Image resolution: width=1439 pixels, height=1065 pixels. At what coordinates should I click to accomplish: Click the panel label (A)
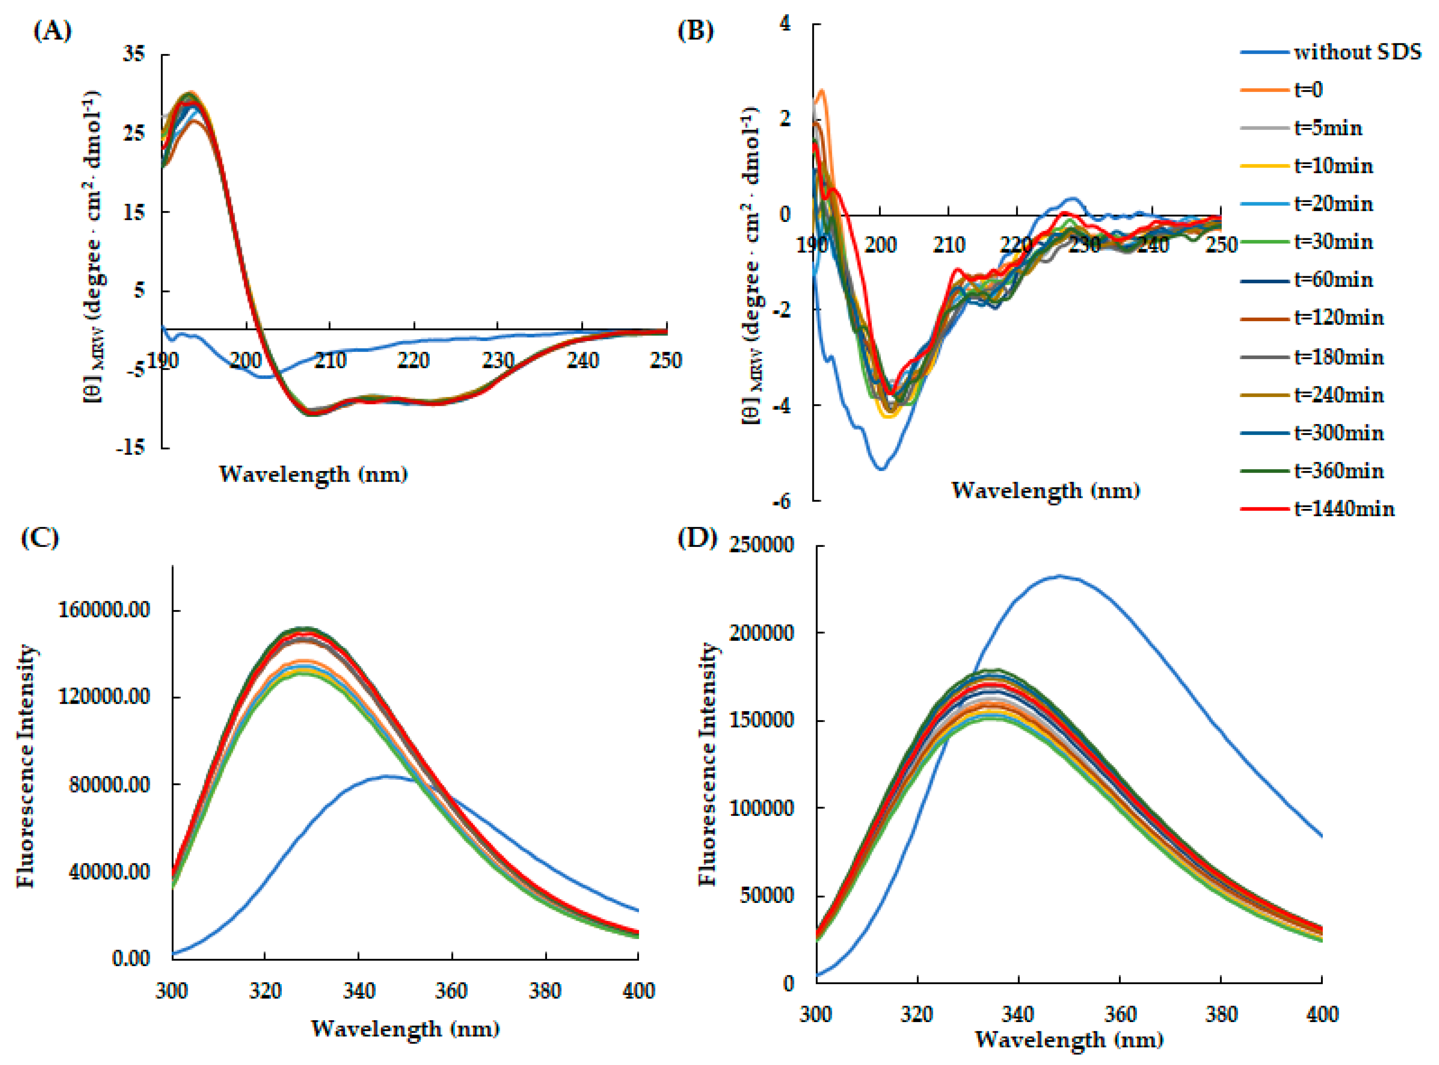click(x=52, y=31)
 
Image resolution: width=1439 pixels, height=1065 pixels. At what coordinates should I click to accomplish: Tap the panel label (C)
click(x=40, y=537)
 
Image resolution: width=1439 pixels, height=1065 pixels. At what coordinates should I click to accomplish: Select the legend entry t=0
click(x=1309, y=90)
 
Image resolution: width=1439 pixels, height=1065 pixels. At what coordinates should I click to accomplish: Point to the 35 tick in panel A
click(x=134, y=54)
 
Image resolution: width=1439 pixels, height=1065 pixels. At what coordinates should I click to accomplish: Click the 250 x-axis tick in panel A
click(x=665, y=360)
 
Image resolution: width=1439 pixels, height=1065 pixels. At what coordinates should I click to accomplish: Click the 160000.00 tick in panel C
click(x=104, y=609)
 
